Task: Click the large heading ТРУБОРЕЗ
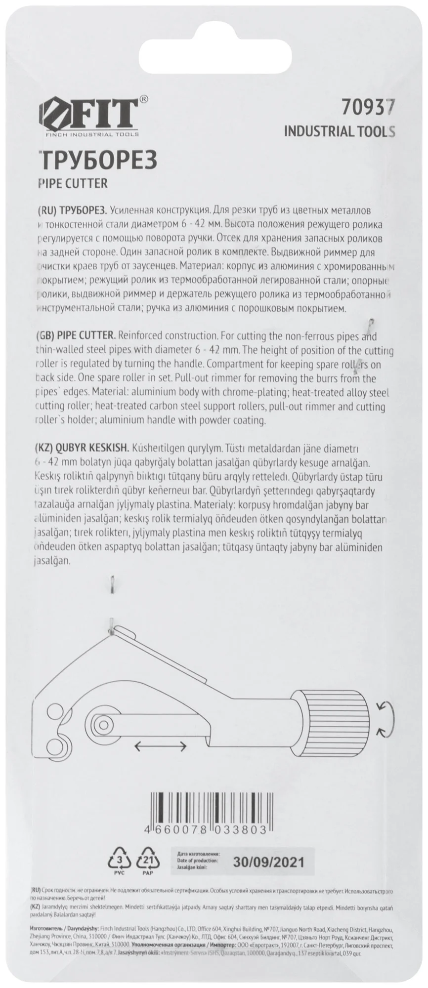click(97, 161)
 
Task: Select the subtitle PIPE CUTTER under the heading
click(72, 183)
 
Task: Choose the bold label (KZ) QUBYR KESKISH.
click(83, 449)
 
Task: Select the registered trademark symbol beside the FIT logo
click(143, 99)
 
